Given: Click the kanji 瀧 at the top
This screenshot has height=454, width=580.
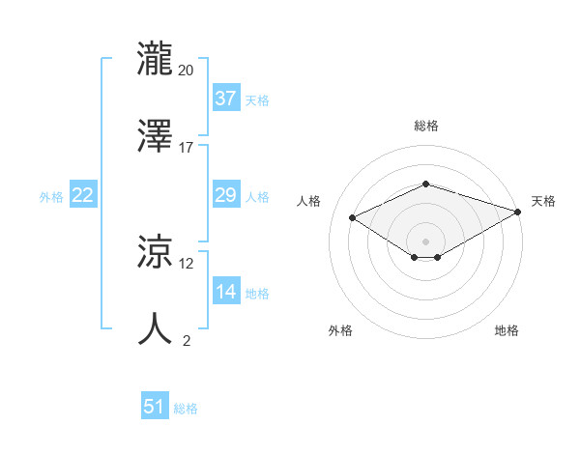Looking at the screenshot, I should tap(156, 59).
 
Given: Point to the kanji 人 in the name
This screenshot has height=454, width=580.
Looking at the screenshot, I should tap(156, 329).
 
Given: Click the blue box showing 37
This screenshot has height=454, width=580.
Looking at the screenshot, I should tap(225, 99).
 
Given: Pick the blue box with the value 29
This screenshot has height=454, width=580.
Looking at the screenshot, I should tap(225, 195).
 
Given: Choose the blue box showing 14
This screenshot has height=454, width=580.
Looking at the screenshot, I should tap(225, 292).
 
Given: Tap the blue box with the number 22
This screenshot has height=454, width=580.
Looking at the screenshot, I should tap(83, 195).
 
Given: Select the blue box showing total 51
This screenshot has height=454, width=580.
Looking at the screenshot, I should tap(155, 407).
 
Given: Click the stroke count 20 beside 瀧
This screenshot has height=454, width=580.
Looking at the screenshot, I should tap(186, 71).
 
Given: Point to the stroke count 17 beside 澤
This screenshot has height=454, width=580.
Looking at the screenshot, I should tap(186, 148).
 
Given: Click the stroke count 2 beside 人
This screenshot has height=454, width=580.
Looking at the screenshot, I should tap(186, 340).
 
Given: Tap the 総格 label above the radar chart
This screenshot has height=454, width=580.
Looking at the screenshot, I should tap(426, 126).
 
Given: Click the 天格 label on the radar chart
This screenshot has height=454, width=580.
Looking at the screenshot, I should tap(543, 201).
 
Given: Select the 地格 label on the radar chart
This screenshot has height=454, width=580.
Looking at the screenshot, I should tap(507, 330).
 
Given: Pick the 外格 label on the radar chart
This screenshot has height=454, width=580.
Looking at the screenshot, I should tap(340, 330).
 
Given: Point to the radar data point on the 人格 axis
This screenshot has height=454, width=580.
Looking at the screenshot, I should tap(353, 216).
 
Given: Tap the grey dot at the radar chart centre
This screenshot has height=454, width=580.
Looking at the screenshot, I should tap(426, 241).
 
